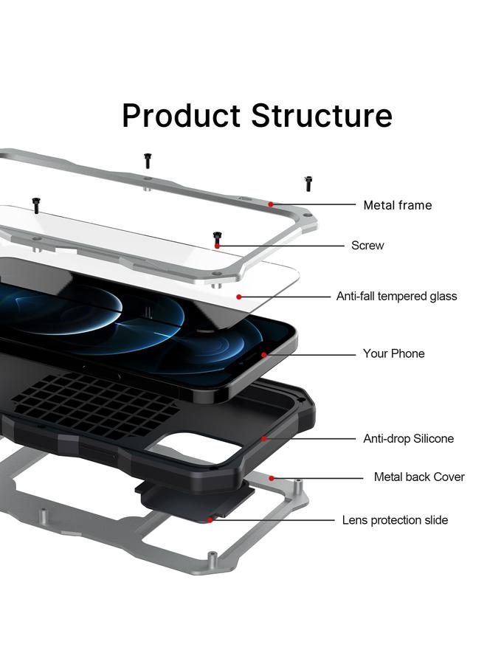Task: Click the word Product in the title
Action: pyautogui.click(x=181, y=116)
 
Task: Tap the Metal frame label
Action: pyautogui.click(x=397, y=205)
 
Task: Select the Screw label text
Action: pyautogui.click(x=367, y=246)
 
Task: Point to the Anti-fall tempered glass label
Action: pyautogui.click(x=396, y=297)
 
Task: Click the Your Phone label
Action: pyautogui.click(x=393, y=354)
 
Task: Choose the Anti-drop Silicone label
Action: pyautogui.click(x=408, y=439)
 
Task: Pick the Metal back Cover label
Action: pyautogui.click(x=418, y=477)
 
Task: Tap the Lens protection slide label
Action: pyautogui.click(x=395, y=521)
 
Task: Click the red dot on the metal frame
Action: pyautogui.click(x=271, y=204)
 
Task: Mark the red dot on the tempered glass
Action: pyautogui.click(x=239, y=297)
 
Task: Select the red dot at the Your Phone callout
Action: pyautogui.click(x=264, y=355)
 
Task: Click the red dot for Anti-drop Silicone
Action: pyautogui.click(x=264, y=439)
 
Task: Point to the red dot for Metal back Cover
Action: pyautogui.click(x=272, y=477)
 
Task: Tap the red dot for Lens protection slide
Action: pyautogui.click(x=211, y=520)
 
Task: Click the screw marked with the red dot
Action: pyautogui.click(x=217, y=238)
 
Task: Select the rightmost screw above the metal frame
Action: pyautogui.click(x=308, y=183)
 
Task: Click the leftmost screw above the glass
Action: pyautogui.click(x=35, y=204)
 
